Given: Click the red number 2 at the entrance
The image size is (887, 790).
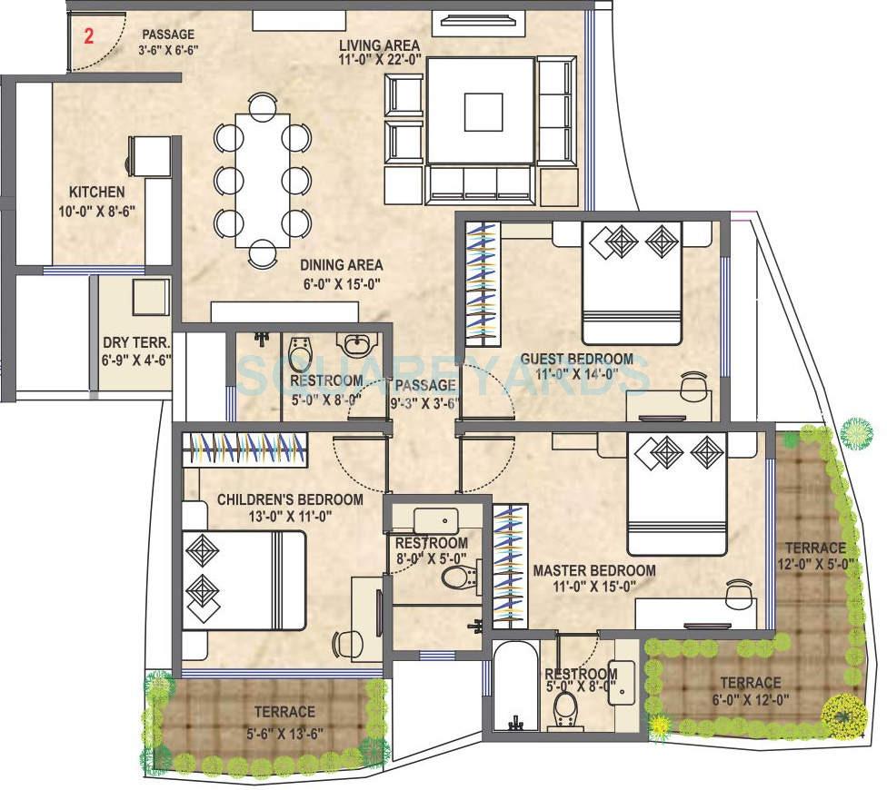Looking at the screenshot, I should (x=88, y=37).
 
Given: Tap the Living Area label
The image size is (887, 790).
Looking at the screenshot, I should (x=379, y=45).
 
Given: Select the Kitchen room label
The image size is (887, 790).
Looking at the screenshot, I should (x=97, y=193).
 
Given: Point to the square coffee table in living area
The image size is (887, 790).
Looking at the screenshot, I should (x=482, y=113).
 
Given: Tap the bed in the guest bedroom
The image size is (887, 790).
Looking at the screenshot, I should (x=631, y=281).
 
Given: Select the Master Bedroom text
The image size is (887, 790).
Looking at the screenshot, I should (x=594, y=570).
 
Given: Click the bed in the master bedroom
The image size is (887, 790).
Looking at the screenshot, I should (x=677, y=493).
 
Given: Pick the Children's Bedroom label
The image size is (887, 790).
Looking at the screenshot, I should (x=290, y=499).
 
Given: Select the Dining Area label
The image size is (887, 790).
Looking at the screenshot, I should (x=342, y=266).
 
